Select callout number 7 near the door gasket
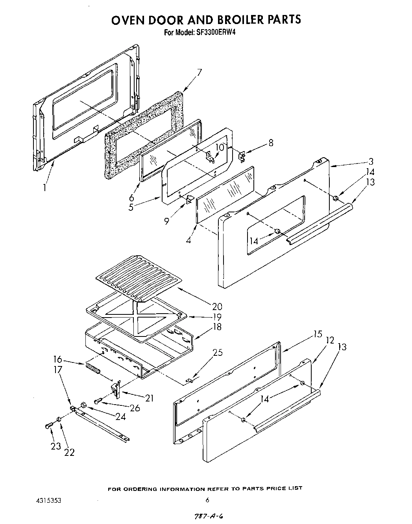[200, 72]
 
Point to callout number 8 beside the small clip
[271, 143]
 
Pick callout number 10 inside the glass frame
[220, 147]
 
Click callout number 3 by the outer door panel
[370, 161]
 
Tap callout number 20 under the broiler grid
[217, 306]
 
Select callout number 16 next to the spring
[58, 359]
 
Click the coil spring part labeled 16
[92, 370]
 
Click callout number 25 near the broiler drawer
[218, 352]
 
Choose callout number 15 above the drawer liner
[318, 334]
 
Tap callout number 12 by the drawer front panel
[330, 340]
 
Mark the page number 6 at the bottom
[207, 500]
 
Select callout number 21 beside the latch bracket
[149, 398]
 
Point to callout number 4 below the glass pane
[188, 240]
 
